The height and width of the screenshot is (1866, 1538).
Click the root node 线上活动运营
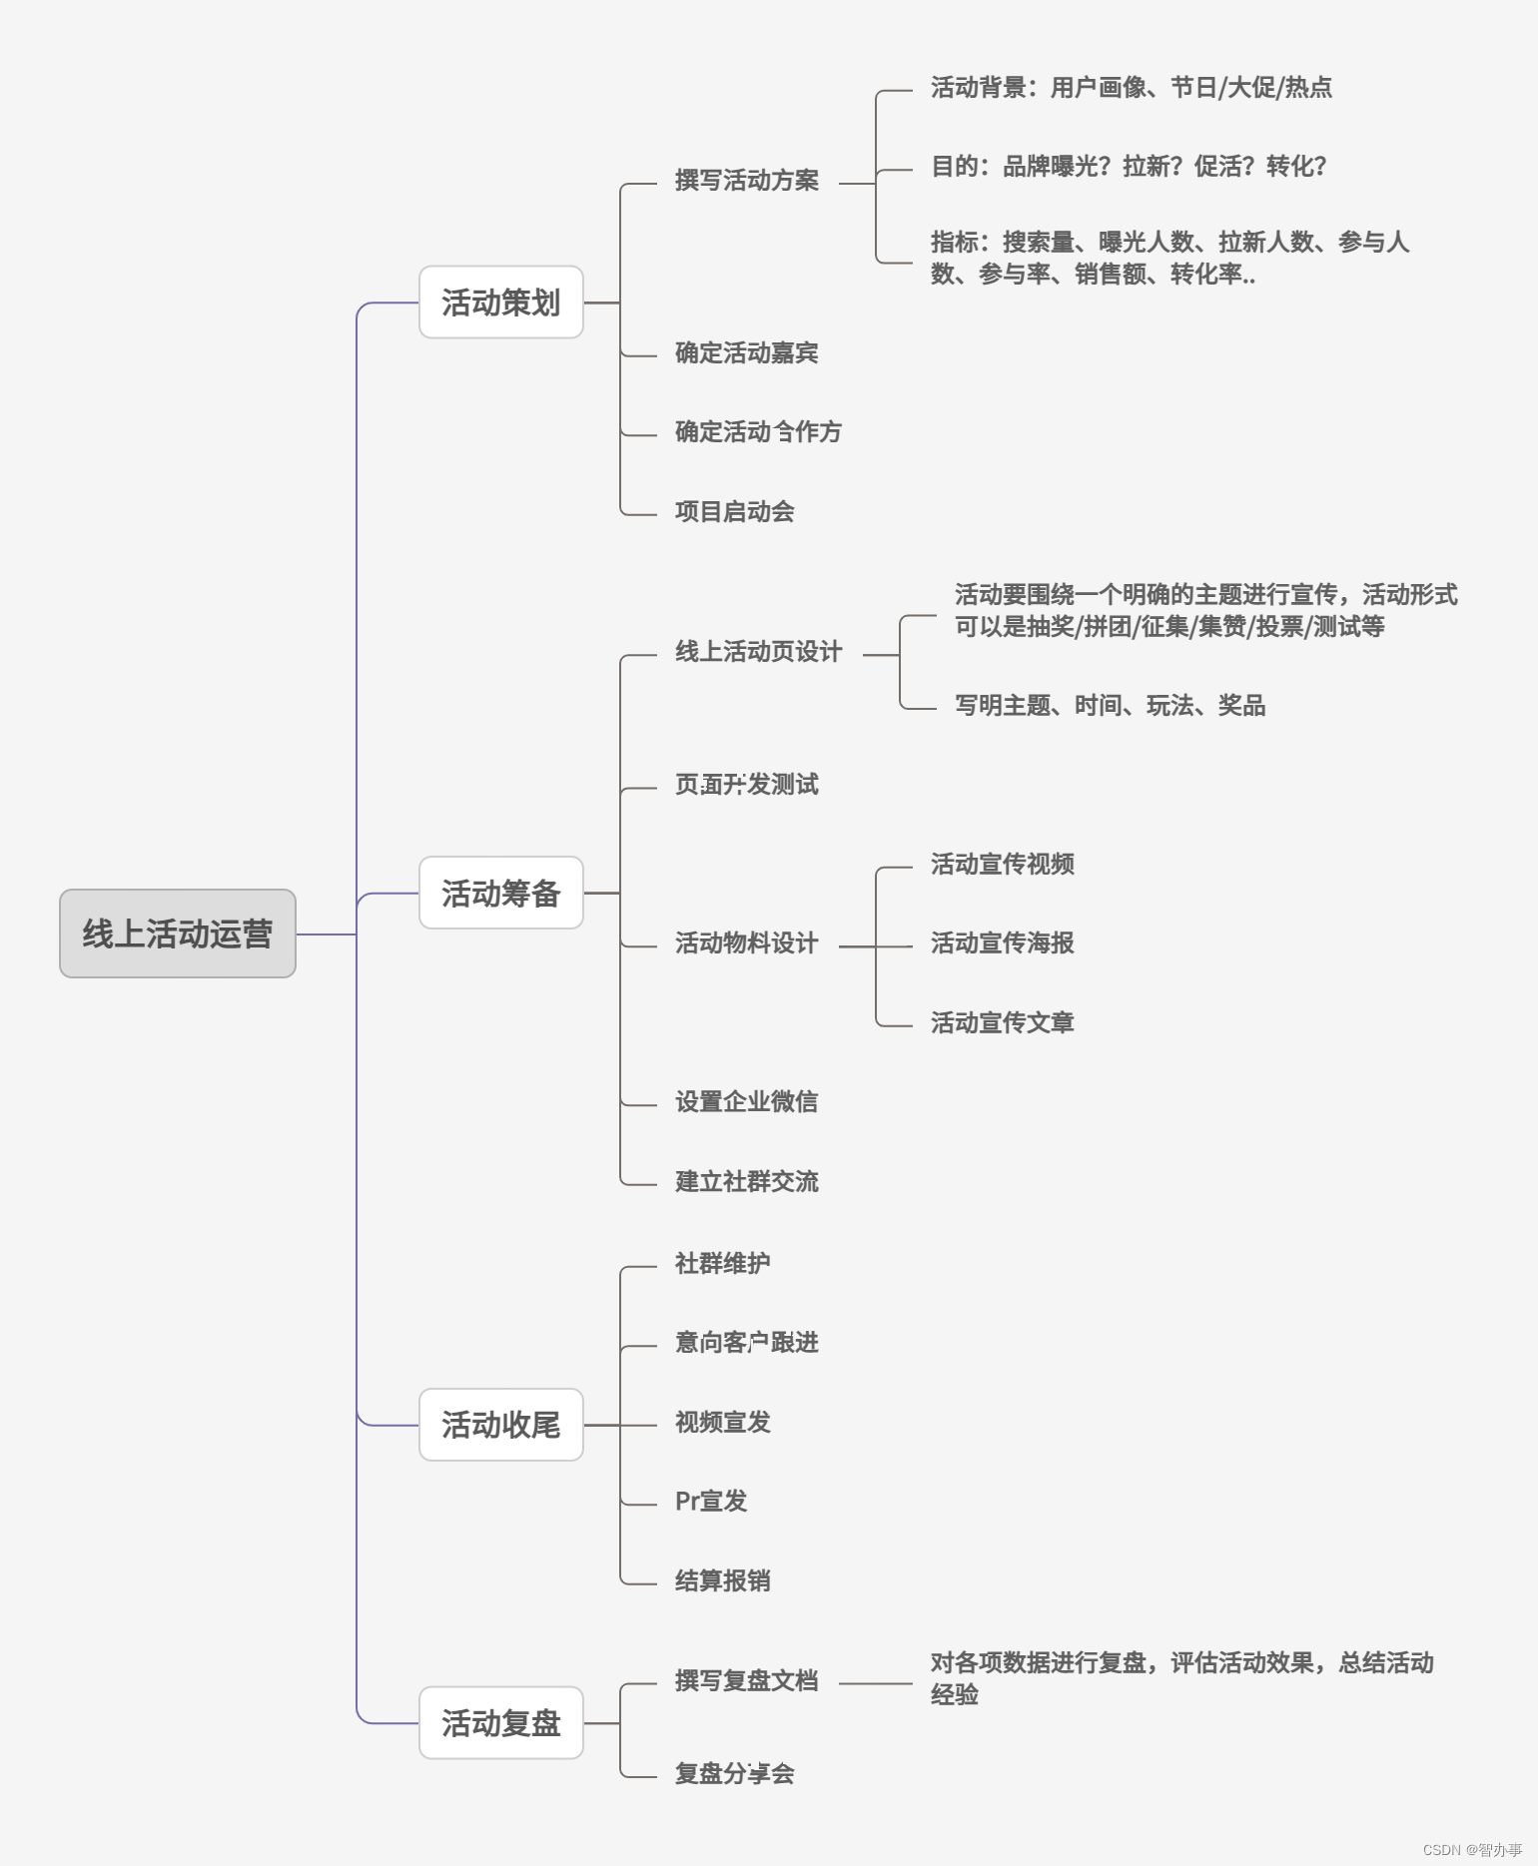point(177,933)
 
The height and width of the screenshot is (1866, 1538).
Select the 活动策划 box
point(500,303)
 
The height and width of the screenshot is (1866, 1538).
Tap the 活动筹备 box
point(500,893)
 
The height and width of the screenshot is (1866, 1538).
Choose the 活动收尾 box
point(500,1425)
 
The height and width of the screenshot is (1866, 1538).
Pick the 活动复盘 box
point(500,1723)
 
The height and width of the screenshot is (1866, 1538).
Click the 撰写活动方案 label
point(746,181)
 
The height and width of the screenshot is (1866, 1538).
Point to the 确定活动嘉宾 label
point(746,353)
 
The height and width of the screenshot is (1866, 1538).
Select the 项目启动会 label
point(734,512)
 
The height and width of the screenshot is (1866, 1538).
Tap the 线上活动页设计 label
point(758,652)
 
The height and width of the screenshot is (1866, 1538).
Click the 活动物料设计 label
point(746,943)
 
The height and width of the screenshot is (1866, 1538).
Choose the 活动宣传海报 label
point(1002,943)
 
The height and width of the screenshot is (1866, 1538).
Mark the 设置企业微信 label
point(746,1102)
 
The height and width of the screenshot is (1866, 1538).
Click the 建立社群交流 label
point(746,1182)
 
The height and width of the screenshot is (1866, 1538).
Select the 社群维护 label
point(722,1264)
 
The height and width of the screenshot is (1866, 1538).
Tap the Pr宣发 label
point(710,1502)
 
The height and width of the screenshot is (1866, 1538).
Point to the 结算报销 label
point(722,1581)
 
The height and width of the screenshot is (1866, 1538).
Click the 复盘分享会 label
point(734,1774)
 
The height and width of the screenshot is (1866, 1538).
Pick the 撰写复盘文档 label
point(746,1681)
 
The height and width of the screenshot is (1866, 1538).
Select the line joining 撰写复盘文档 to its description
point(875,1683)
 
